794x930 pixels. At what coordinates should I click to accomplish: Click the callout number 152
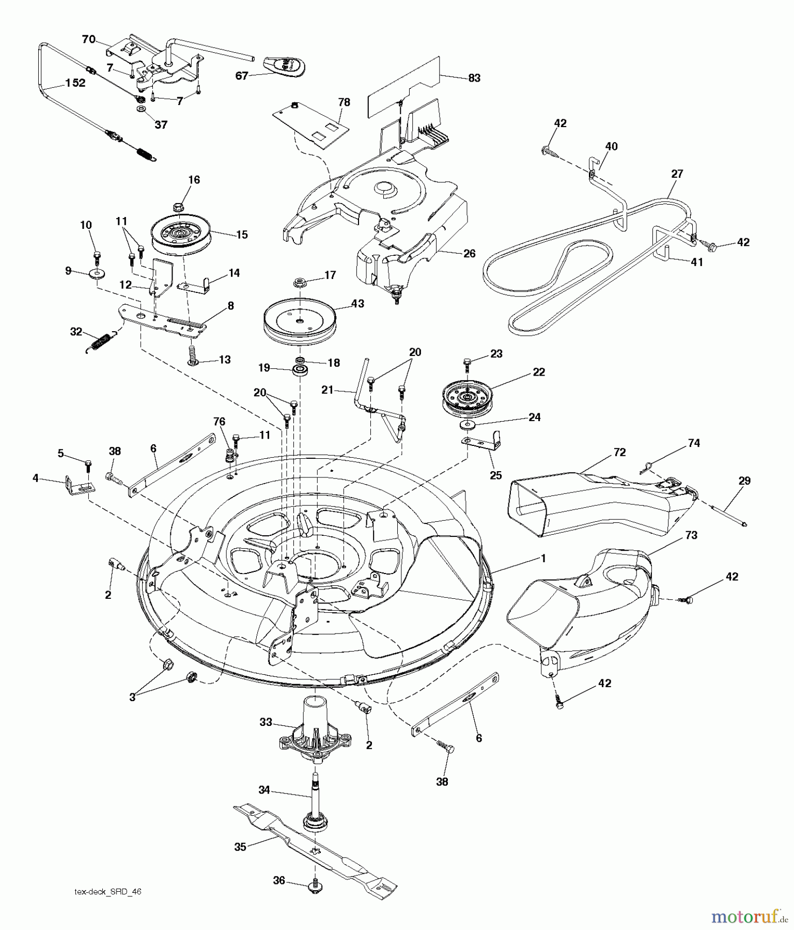(75, 83)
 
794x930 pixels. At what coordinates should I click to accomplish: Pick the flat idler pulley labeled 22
(466, 397)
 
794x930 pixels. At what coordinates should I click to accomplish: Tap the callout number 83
(474, 78)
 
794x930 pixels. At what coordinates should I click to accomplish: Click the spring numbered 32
(105, 343)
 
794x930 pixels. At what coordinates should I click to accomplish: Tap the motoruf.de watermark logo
(750, 917)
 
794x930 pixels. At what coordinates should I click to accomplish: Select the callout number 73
(691, 535)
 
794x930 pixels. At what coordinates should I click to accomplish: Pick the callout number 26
(469, 253)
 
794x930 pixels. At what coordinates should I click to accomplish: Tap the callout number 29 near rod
(744, 481)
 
